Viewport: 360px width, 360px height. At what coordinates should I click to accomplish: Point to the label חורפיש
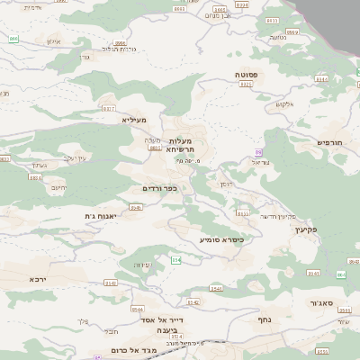pos(330,142)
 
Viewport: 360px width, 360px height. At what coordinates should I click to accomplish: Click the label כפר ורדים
pos(158,188)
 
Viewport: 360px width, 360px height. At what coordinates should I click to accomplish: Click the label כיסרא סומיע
pos(221,239)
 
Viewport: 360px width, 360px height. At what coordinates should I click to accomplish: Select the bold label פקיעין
pos(306,229)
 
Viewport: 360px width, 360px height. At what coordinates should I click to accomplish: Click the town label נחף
pos(265,319)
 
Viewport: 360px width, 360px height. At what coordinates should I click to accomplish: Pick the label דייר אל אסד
pos(162,319)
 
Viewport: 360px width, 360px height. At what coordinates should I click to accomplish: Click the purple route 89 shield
pos(257,152)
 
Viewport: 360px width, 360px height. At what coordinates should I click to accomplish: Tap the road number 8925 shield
pos(245,84)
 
